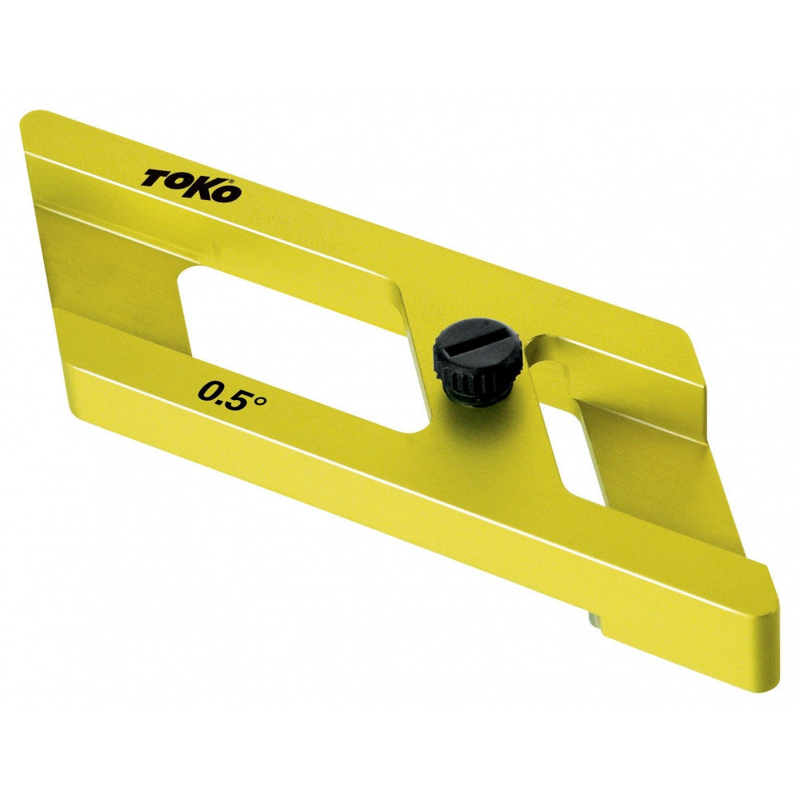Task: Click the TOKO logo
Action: pos(190,185)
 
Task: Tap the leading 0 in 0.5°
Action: pos(210,393)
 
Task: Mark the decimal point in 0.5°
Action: pos(225,400)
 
